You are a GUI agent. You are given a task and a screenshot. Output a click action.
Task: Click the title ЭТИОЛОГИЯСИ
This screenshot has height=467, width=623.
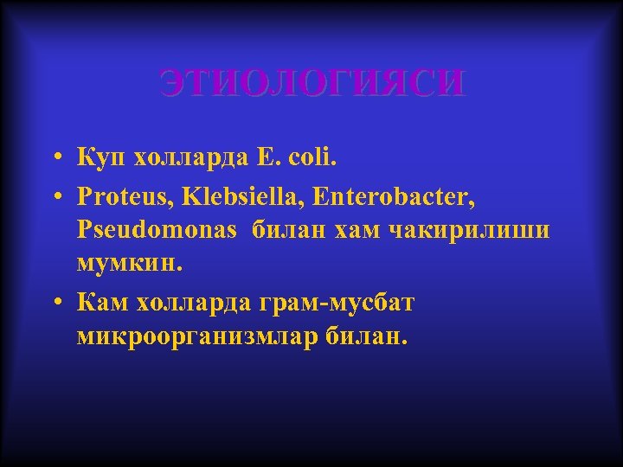311,84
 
